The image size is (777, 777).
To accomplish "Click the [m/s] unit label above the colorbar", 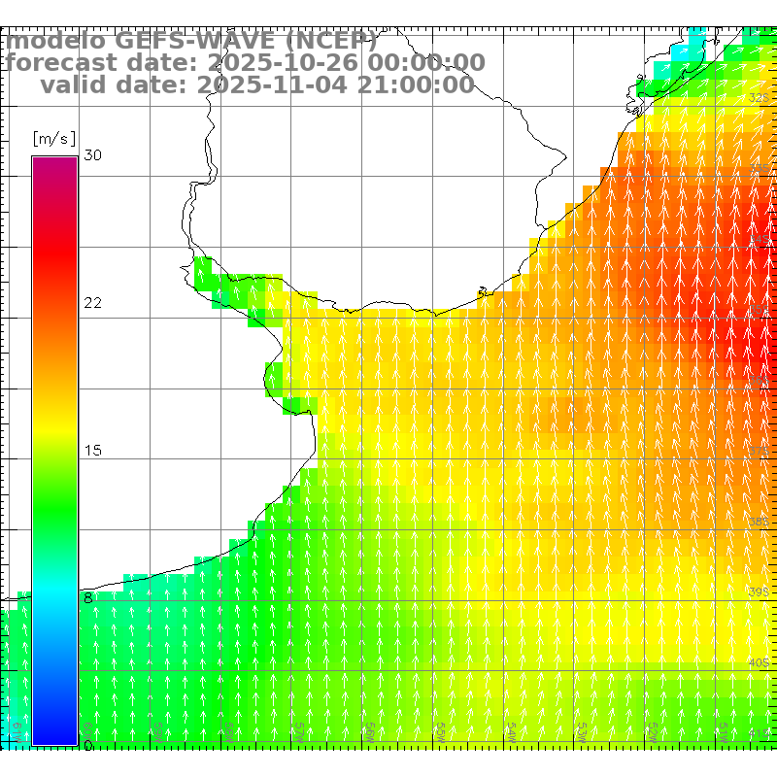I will coord(54,138).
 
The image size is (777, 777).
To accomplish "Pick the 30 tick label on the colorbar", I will coord(93,155).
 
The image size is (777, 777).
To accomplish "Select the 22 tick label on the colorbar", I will coord(93,303).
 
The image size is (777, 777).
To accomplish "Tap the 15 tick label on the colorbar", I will coord(93,451).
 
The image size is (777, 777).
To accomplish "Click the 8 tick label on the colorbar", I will coord(88,598).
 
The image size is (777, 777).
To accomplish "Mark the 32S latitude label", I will coord(759,98).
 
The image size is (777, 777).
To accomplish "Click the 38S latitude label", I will coord(759,522).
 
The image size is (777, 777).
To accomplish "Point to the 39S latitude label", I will coord(759,591).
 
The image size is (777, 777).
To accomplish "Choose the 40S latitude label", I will coord(759,662).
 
